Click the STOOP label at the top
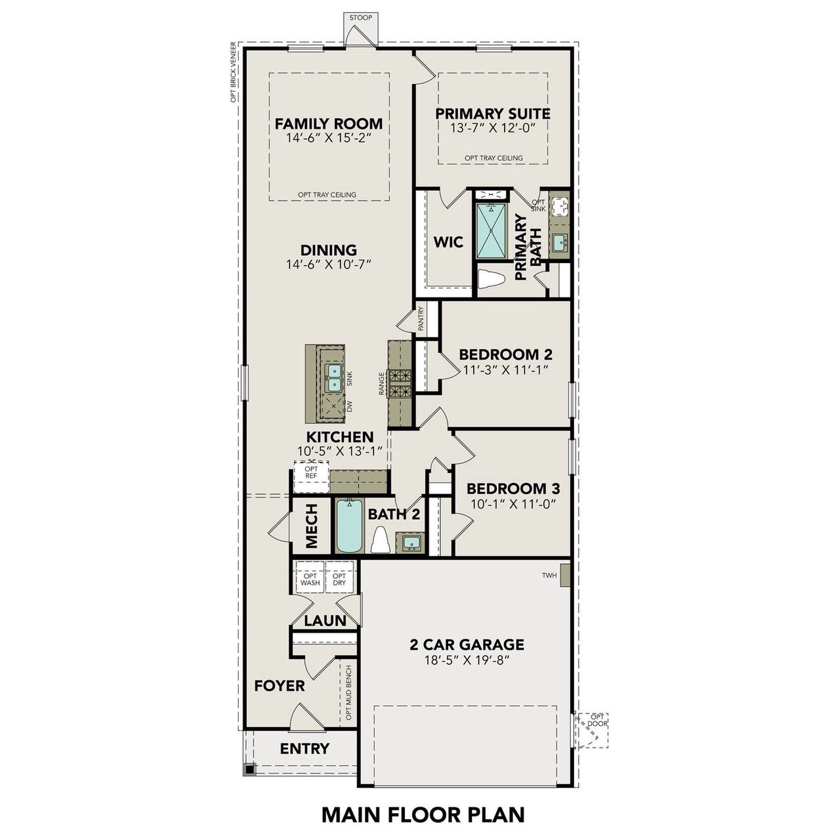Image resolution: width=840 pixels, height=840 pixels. (x=360, y=18)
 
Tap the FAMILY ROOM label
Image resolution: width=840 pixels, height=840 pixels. (x=328, y=123)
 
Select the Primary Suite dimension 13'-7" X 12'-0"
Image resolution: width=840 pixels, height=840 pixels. (x=492, y=128)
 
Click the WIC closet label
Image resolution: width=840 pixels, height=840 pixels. (x=448, y=242)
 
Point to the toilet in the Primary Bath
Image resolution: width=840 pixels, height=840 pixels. (x=490, y=279)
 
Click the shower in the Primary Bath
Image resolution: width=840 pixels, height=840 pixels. (x=491, y=231)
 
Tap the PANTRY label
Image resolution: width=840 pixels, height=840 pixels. (x=421, y=318)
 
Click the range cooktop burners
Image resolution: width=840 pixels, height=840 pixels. (x=400, y=384)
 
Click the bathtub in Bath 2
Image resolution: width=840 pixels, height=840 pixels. (x=349, y=526)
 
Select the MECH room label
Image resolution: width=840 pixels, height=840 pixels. (x=312, y=526)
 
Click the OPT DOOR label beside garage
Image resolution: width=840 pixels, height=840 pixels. (x=598, y=720)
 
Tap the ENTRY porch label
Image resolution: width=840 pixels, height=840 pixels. (x=304, y=749)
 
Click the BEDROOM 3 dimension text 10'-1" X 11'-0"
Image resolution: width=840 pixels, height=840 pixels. (x=513, y=504)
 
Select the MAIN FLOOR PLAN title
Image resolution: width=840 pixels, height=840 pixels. (x=423, y=814)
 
